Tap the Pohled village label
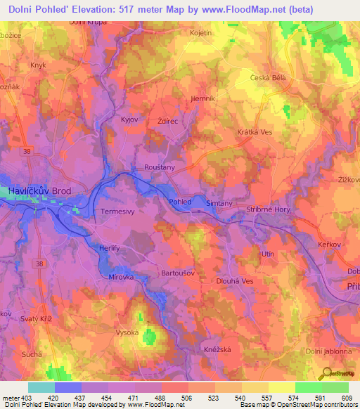179,202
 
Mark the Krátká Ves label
254,131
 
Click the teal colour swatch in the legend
41,387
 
